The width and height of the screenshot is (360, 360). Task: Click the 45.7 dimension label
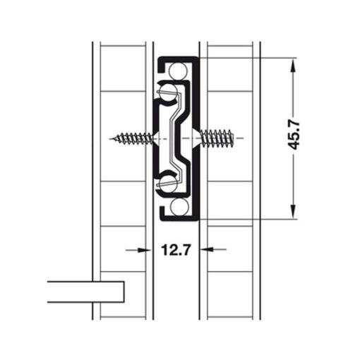[294, 136]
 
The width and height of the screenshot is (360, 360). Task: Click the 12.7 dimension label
[175, 250]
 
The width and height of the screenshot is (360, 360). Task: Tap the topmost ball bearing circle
[178, 71]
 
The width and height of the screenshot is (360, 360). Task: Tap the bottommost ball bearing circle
[179, 207]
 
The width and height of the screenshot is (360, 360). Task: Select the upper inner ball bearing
[167, 92]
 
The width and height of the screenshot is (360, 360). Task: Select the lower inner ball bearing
[168, 183]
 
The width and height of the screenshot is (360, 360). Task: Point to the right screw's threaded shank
[217, 138]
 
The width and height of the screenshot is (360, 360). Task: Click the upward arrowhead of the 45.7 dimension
[293, 65]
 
